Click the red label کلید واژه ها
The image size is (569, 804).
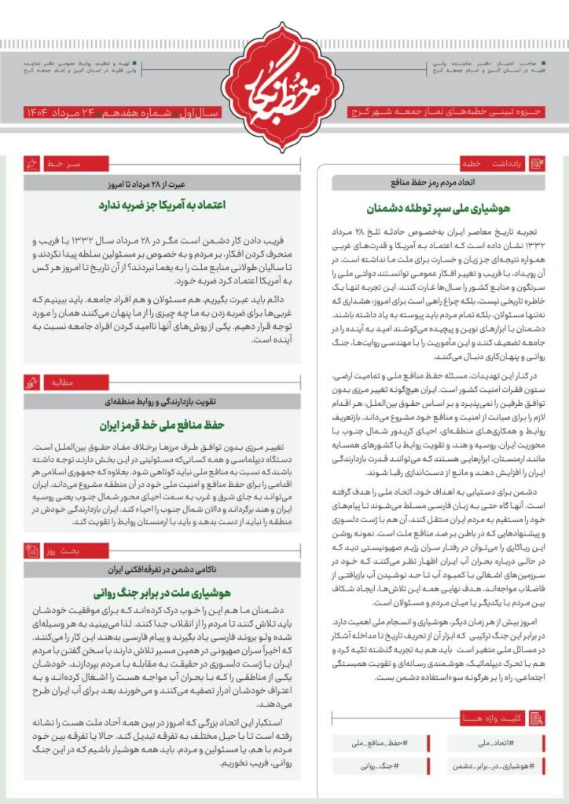point(491,718)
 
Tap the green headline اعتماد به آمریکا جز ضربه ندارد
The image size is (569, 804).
point(162,205)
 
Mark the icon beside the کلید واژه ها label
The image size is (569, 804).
point(537,718)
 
